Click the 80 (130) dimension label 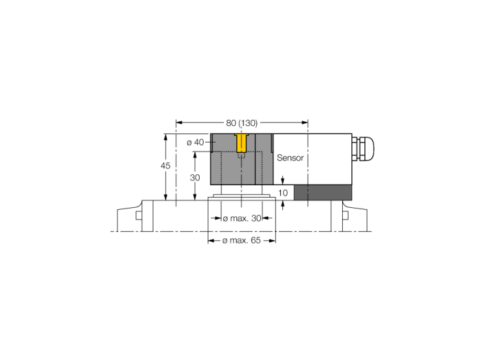[x=242, y=123]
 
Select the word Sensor [x=290, y=158]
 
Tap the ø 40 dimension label [x=195, y=142]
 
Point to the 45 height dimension [x=165, y=166]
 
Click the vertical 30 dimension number [x=195, y=178]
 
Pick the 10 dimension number [x=283, y=193]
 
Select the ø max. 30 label [x=242, y=218]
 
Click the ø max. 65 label [x=242, y=240]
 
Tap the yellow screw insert [x=241, y=143]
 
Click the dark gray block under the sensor [x=323, y=193]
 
